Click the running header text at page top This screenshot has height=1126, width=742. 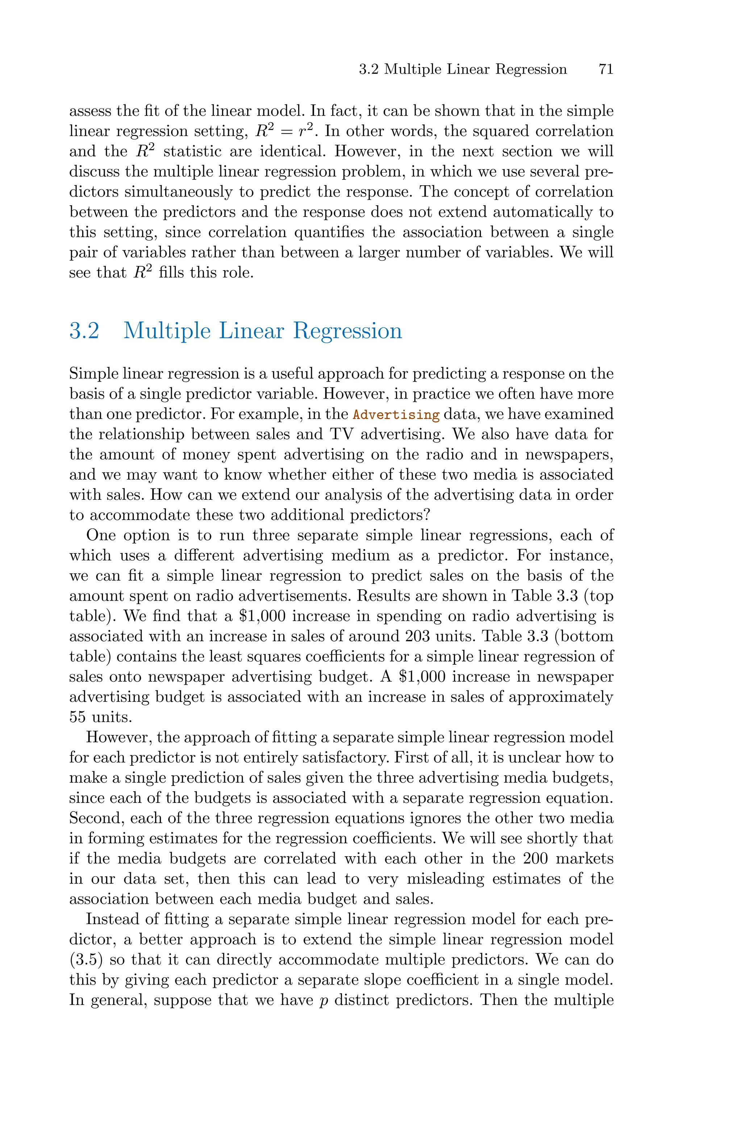tap(462, 70)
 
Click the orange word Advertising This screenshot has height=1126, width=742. tap(397, 415)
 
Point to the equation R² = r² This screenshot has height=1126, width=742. tap(283, 131)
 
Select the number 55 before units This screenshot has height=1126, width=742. tap(78, 717)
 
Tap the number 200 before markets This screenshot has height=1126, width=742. tap(535, 858)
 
